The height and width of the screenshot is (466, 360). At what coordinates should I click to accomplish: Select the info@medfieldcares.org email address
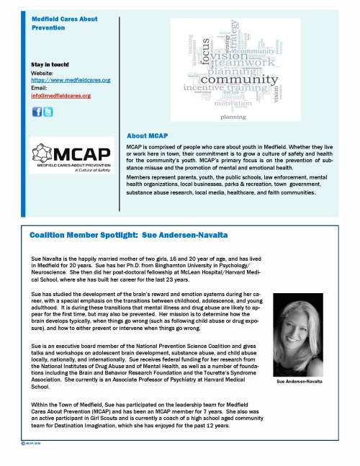61,95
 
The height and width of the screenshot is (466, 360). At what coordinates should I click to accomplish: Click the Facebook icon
38,111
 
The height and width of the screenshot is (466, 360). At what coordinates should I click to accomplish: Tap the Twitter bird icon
48,111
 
